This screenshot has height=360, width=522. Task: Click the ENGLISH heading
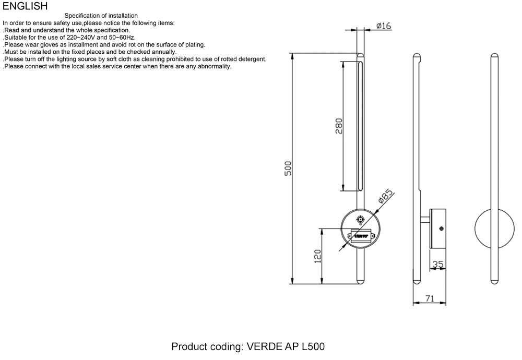pyautogui.click(x=25, y=6)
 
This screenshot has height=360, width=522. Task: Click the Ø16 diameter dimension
pyautogui.click(x=383, y=26)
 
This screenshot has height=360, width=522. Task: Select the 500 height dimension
pyautogui.click(x=288, y=169)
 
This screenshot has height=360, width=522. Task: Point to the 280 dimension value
pyautogui.click(x=338, y=126)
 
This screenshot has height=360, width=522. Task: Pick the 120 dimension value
pyautogui.click(x=317, y=256)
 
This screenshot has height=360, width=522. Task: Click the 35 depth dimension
pyautogui.click(x=438, y=265)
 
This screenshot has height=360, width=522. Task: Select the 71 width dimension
pyautogui.click(x=429, y=299)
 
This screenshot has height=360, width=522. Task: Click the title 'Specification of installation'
pyautogui.click(x=101, y=17)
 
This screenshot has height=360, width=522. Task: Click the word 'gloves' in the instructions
pyautogui.click(x=44, y=45)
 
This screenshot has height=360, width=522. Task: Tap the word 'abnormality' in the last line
pyautogui.click(x=214, y=67)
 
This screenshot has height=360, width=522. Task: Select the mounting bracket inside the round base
pyautogui.click(x=360, y=235)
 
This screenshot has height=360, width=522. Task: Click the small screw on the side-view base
pyautogui.click(x=442, y=229)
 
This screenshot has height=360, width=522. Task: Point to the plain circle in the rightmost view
pyautogui.click(x=494, y=229)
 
